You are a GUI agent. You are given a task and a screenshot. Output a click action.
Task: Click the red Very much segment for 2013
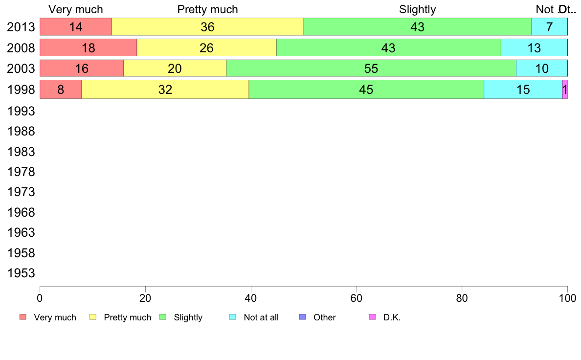(x=76, y=27)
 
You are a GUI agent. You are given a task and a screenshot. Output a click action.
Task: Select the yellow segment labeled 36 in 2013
(x=208, y=27)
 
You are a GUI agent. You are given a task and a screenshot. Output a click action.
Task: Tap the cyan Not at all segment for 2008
(x=534, y=48)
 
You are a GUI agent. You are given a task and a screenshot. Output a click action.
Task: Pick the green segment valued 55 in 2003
(x=371, y=68)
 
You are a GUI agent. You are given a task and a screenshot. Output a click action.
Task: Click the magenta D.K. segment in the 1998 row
(x=565, y=90)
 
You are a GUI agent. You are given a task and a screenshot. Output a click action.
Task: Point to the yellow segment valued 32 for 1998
(x=165, y=90)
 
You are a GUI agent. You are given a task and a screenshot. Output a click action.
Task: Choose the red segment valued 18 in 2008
(x=88, y=48)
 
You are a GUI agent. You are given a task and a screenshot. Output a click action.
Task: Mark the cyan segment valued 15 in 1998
(x=523, y=90)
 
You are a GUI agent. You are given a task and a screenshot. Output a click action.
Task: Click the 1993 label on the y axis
(x=21, y=111)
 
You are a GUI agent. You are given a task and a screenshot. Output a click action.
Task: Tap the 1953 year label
(x=21, y=273)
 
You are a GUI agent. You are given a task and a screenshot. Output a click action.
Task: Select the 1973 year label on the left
(x=21, y=192)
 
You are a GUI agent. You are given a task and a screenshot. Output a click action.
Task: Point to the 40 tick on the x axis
(x=250, y=297)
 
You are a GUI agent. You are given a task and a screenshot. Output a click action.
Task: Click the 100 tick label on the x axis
(x=567, y=297)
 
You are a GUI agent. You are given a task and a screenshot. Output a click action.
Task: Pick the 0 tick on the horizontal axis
(x=40, y=297)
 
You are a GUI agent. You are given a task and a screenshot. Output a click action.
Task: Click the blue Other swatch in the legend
(x=302, y=317)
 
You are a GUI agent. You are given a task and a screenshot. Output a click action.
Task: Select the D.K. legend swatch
(x=372, y=317)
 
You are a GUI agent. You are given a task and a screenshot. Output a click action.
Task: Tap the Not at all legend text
(x=261, y=317)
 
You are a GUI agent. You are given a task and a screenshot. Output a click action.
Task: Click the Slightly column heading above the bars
(x=417, y=9)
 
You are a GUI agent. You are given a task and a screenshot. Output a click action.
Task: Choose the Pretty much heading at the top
(x=207, y=9)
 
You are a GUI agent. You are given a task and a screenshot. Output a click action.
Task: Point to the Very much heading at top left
(x=76, y=9)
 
